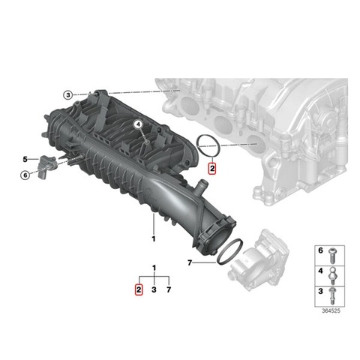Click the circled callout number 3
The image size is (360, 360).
tap(67, 95)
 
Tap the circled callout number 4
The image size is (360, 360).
tap(138, 124)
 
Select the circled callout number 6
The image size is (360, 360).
tap(25, 175)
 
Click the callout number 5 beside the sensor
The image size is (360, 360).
tap(25, 159)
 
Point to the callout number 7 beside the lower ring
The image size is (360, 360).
tap(190, 262)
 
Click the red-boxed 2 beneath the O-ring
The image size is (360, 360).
tap(212, 169)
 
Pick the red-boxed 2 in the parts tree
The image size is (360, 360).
tap(139, 289)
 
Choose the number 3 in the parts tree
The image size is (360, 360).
tap(154, 289)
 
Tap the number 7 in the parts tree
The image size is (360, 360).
tap(169, 289)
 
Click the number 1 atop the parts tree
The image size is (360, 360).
tap(154, 268)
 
